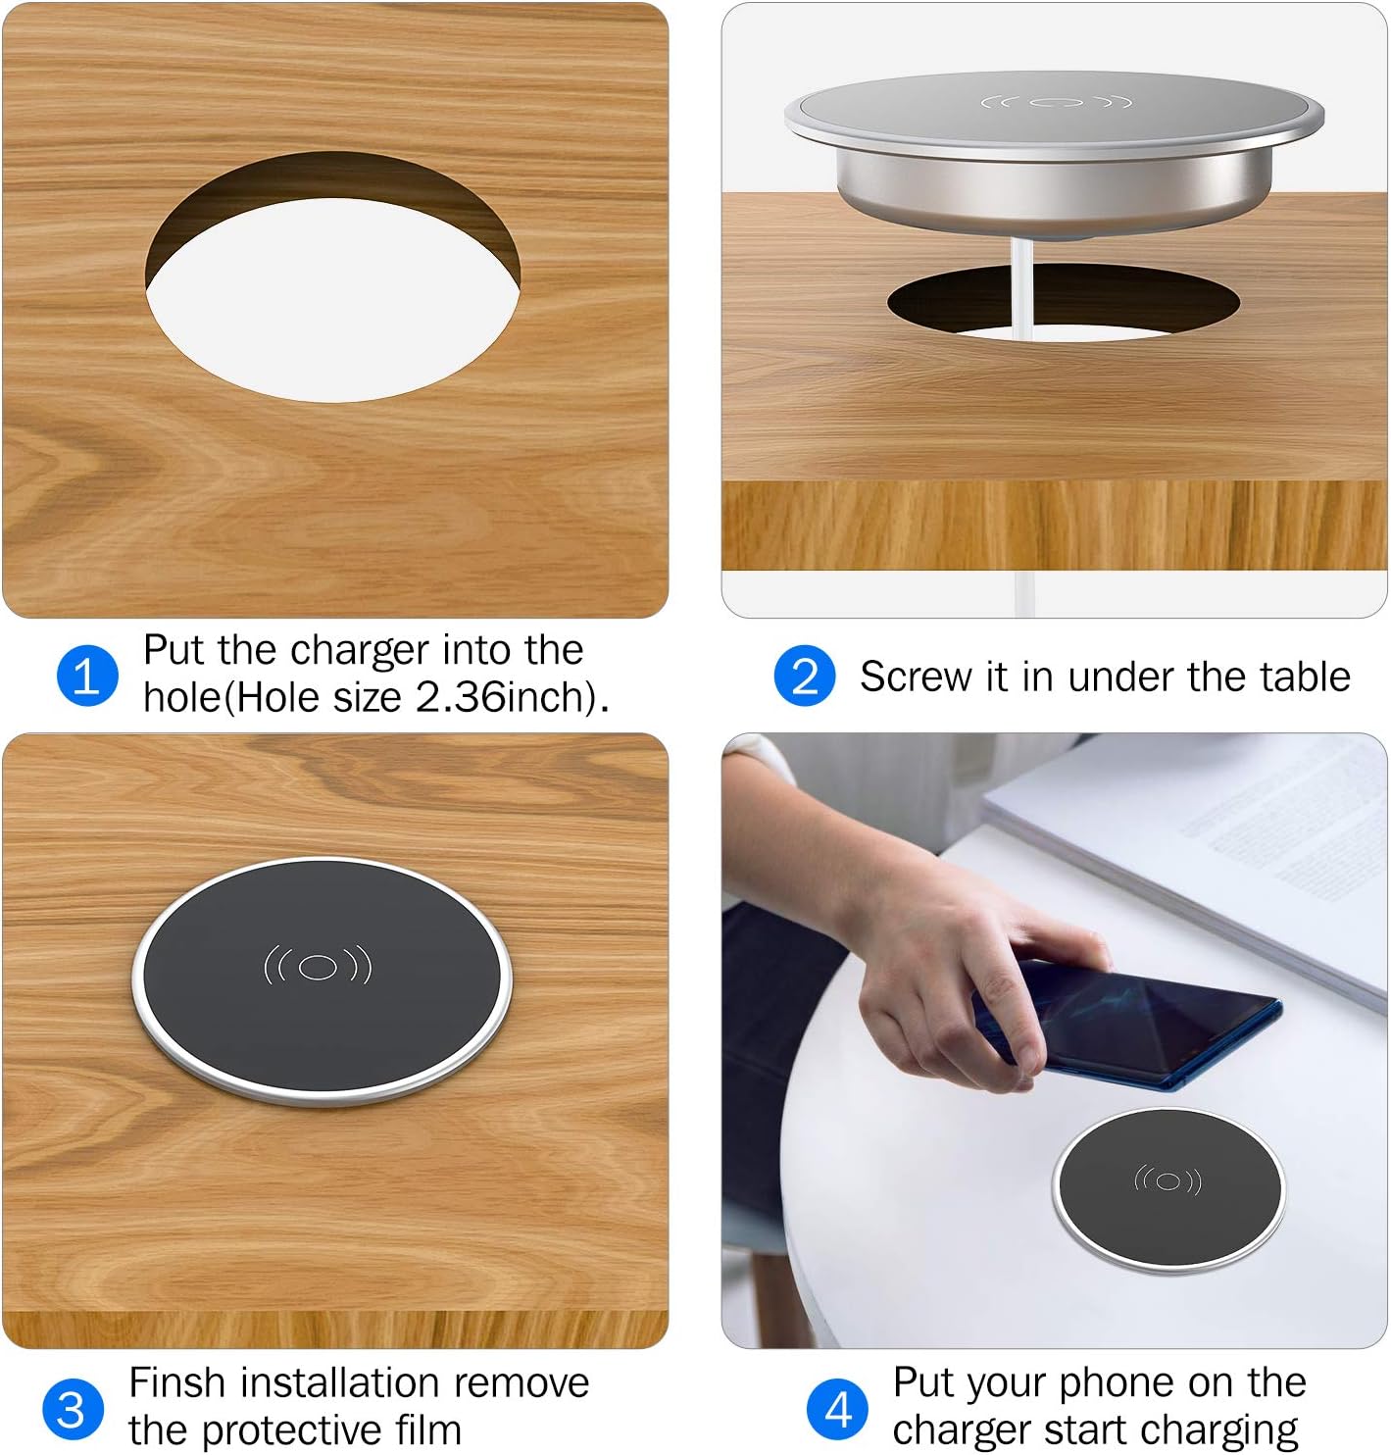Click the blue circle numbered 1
coord(87,676)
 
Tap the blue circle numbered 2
coord(805,676)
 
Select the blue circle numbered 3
coord(73,1409)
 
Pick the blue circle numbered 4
coord(838,1409)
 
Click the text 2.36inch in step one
coord(506,697)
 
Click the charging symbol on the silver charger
coord(1056,102)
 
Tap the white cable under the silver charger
coord(1021,294)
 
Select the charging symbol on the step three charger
coord(318,967)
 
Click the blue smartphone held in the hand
coord(1157,1029)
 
